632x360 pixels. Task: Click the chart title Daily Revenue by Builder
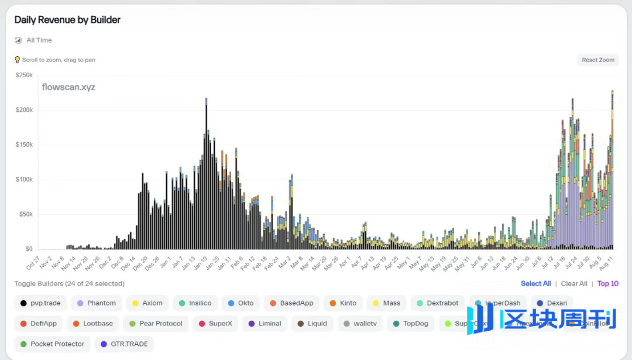pyautogui.click(x=67, y=20)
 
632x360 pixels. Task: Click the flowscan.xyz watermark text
pyautogui.click(x=68, y=87)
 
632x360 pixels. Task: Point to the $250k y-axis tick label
pyautogui.click(x=24, y=75)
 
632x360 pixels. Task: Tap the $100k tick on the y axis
pyautogui.click(x=24, y=179)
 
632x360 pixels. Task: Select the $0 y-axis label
pyautogui.click(x=29, y=249)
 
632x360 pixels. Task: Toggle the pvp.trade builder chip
pyautogui.click(x=40, y=303)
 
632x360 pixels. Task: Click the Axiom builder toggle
pyautogui.click(x=147, y=303)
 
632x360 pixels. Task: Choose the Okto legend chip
pyautogui.click(x=241, y=303)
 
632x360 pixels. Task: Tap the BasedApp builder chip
pyautogui.click(x=291, y=303)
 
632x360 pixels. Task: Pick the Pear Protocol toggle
pyautogui.click(x=156, y=324)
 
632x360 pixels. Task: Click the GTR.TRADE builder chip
pyautogui.click(x=124, y=344)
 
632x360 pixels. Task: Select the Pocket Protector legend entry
pyautogui.click(x=52, y=344)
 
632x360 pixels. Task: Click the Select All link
pyautogui.click(x=535, y=284)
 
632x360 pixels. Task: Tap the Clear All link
pyautogui.click(x=574, y=284)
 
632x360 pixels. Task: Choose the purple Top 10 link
pyautogui.click(x=607, y=284)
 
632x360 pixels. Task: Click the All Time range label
pyautogui.click(x=39, y=40)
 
